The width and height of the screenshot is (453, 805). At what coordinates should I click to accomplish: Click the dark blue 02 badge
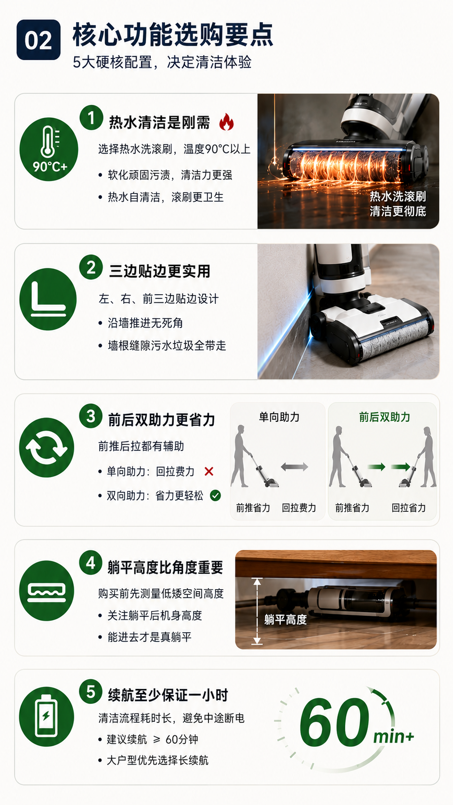[39, 40]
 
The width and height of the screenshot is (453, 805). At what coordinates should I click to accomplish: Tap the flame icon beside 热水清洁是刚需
[226, 122]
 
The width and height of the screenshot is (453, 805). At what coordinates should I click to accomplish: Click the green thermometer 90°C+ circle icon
[49, 149]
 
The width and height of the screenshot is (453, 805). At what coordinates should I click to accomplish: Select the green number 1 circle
[91, 117]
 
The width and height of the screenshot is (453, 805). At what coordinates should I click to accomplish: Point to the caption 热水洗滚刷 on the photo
[398, 196]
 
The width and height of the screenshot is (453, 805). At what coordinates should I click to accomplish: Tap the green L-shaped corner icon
[48, 299]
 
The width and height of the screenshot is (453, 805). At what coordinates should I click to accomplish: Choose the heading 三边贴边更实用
[159, 272]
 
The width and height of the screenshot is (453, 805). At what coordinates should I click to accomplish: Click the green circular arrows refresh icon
[47, 447]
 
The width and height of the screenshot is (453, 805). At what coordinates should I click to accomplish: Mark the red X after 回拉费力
[209, 471]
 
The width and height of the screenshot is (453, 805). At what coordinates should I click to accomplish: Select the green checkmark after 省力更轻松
[215, 495]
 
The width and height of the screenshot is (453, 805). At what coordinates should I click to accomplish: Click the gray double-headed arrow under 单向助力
[294, 467]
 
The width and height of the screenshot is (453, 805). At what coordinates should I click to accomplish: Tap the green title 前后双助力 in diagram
[384, 417]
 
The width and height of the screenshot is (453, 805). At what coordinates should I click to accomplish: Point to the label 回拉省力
[408, 508]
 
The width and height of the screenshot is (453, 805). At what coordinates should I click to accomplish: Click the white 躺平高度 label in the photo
[285, 620]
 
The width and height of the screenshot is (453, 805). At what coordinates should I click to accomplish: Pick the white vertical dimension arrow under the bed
[257, 611]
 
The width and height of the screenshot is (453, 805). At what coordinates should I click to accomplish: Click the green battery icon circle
[46, 716]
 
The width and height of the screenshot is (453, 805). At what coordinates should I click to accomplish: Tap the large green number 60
[334, 722]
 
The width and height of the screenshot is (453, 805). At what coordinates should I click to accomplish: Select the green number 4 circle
[91, 563]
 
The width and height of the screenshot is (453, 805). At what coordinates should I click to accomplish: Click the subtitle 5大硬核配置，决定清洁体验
[162, 62]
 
